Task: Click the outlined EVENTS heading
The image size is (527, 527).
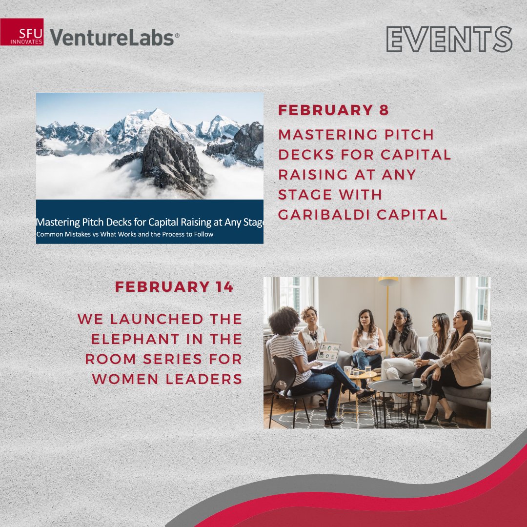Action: pos(449,40)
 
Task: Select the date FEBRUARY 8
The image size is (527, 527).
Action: pos(333,110)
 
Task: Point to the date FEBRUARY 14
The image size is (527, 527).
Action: pos(174,287)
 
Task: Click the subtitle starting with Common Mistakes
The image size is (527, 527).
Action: pos(125,234)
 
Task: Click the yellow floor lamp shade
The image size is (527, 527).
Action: pos(388,282)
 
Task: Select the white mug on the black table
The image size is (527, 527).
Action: pos(416,382)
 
